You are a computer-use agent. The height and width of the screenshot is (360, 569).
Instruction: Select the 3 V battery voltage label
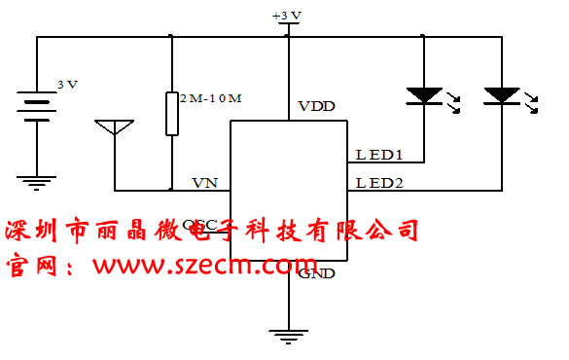coord(67,86)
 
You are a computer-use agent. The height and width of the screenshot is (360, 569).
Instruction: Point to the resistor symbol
coord(171,113)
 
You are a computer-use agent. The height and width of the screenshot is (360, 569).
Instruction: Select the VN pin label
coord(203,182)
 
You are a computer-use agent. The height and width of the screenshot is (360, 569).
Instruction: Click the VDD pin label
coord(316,106)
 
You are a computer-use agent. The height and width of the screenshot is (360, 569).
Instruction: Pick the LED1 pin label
coord(378,154)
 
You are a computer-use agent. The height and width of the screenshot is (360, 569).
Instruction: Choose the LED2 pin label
coord(379,182)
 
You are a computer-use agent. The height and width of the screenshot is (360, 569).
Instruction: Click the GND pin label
coord(317,273)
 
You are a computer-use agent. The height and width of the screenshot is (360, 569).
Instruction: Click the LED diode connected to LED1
coord(424,95)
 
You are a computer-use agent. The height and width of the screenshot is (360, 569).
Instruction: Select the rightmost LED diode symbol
coord(502,95)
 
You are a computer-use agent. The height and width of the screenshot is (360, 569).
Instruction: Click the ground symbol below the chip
coord(289,334)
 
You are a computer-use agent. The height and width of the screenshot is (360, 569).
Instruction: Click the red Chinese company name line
coord(212,232)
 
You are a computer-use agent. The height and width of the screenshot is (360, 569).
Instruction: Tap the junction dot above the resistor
coord(171,37)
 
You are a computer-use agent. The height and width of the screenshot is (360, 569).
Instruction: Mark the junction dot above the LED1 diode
coord(424,37)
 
